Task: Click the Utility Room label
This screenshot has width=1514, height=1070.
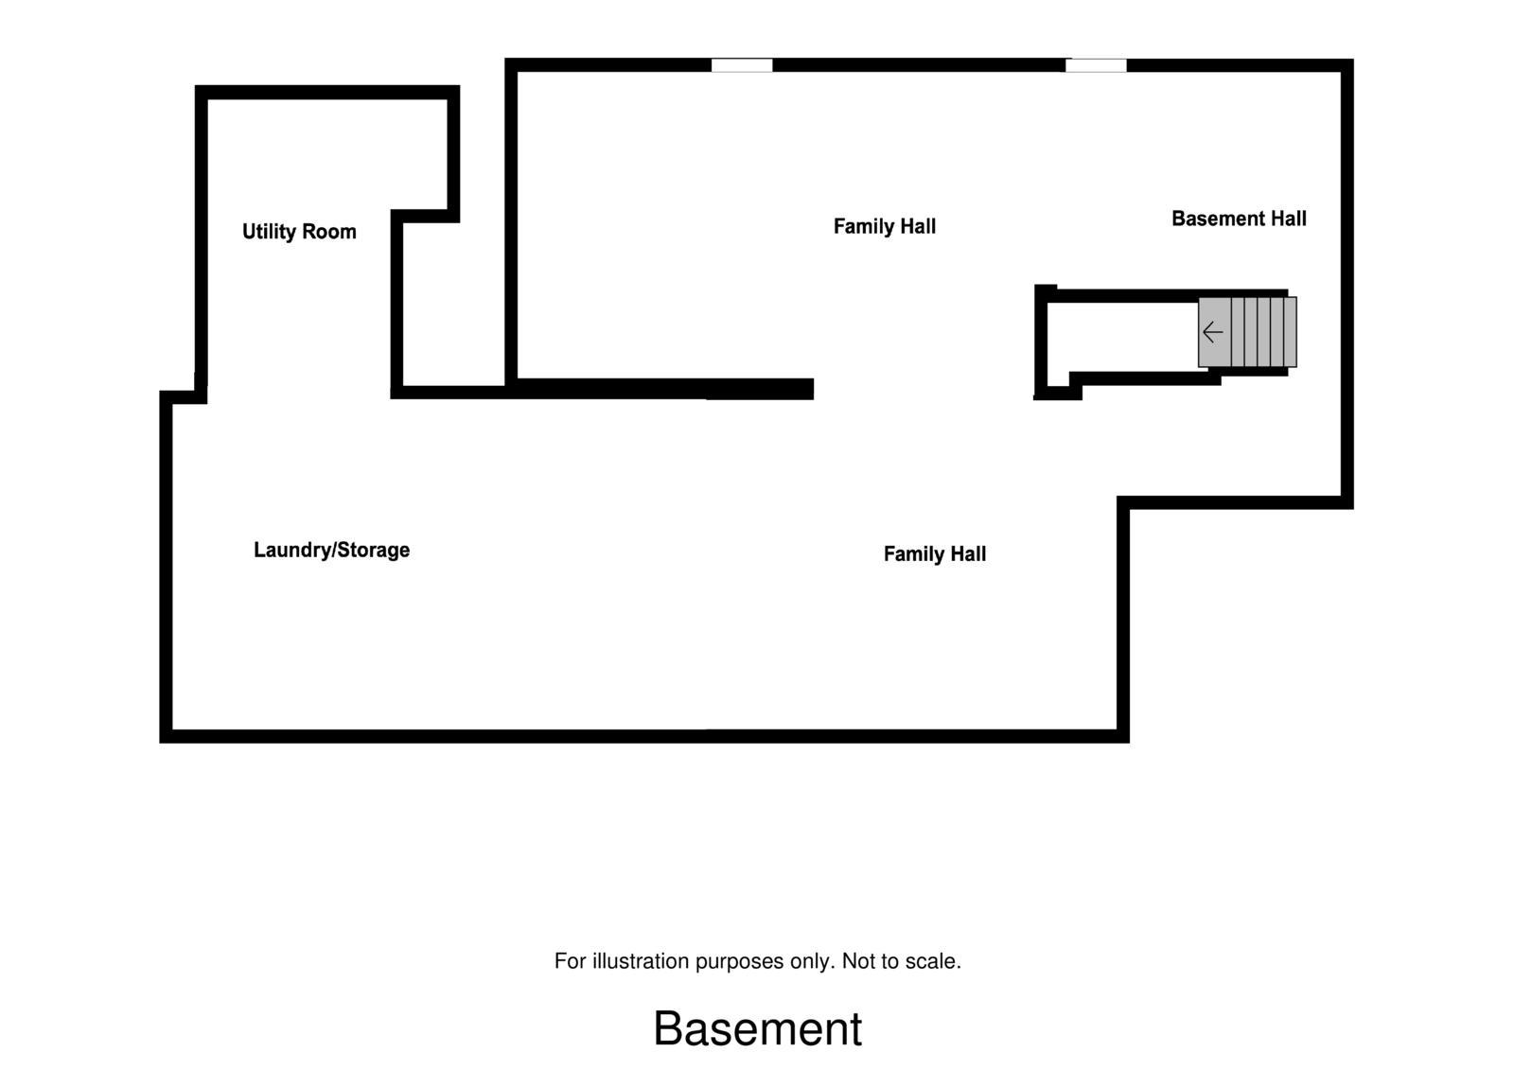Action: pyautogui.click(x=299, y=232)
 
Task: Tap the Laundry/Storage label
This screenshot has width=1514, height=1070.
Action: pyautogui.click(x=331, y=551)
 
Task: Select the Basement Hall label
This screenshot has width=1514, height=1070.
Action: pyautogui.click(x=1239, y=219)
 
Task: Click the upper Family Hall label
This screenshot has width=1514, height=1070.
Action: pyautogui.click(x=884, y=226)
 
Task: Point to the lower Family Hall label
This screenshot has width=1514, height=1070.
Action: pyautogui.click(x=934, y=554)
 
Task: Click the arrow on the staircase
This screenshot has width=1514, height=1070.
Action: pyautogui.click(x=1212, y=332)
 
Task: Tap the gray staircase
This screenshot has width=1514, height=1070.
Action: pyautogui.click(x=1247, y=332)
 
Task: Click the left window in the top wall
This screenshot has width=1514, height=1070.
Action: pyautogui.click(x=742, y=65)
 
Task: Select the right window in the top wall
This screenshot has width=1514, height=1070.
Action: pyautogui.click(x=1096, y=65)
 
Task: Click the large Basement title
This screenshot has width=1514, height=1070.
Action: pyautogui.click(x=757, y=1028)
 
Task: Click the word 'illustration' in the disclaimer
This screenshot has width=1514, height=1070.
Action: pyautogui.click(x=641, y=961)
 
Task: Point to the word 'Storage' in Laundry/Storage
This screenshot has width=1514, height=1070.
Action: pyautogui.click(x=373, y=551)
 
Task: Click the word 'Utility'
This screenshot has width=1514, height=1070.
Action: pyautogui.click(x=269, y=232)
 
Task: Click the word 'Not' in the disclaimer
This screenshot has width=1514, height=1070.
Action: pyautogui.click(x=857, y=961)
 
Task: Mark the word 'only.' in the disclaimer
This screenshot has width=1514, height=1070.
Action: pyautogui.click(x=812, y=961)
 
